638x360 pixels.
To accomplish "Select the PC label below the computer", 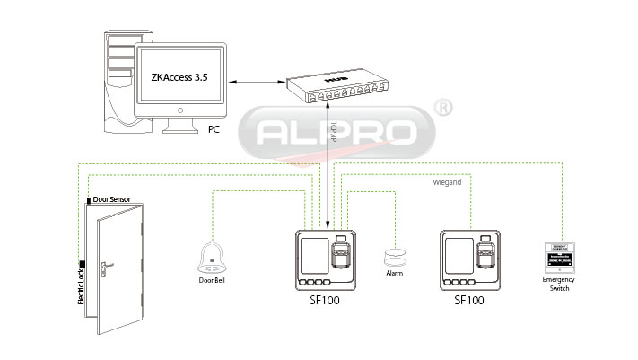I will pyautogui.click(x=214, y=129).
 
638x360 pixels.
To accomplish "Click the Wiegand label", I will pyautogui.click(x=447, y=182).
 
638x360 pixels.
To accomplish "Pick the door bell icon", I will pyautogui.click(x=211, y=259).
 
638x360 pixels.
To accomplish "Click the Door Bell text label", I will pyautogui.click(x=211, y=280).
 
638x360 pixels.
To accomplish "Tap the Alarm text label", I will pyautogui.click(x=394, y=272).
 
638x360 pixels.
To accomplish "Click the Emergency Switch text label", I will pyautogui.click(x=558, y=285).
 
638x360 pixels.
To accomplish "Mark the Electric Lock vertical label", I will pyautogui.click(x=81, y=285).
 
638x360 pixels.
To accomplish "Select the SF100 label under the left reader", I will pyautogui.click(x=324, y=302).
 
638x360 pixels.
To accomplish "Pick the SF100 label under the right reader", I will pyautogui.click(x=469, y=302).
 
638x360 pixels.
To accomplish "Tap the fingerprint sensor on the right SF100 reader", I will pyautogui.click(x=486, y=257).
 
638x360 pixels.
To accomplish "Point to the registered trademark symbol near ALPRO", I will pyautogui.click(x=442, y=108).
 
